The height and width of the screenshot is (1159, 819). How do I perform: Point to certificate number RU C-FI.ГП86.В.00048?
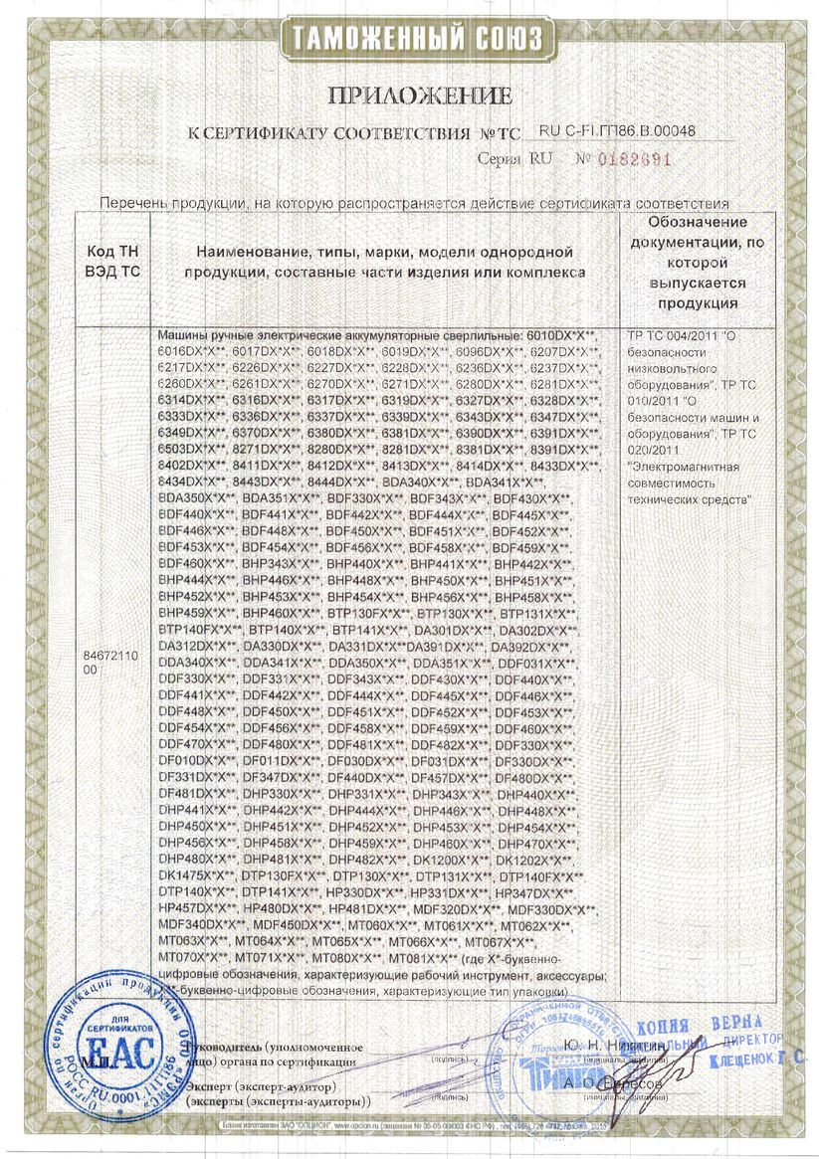point(617,131)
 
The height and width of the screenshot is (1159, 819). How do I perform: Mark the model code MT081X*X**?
point(422,957)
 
